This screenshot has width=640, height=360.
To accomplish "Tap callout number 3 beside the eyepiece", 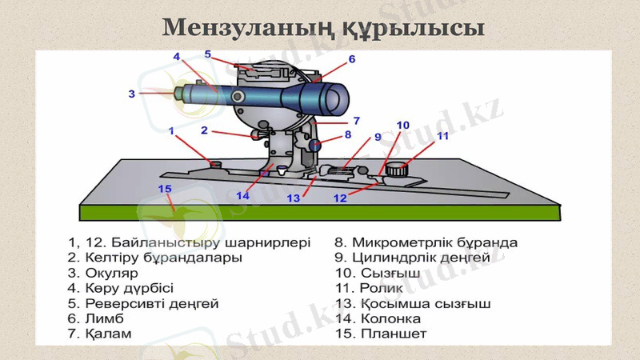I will click(132, 94).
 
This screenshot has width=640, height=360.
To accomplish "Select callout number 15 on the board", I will click(165, 190).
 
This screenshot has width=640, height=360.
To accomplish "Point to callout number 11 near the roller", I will click(442, 136).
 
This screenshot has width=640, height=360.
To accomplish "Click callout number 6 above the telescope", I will click(351, 59).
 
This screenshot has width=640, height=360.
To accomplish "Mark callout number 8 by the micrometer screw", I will click(348, 135).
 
